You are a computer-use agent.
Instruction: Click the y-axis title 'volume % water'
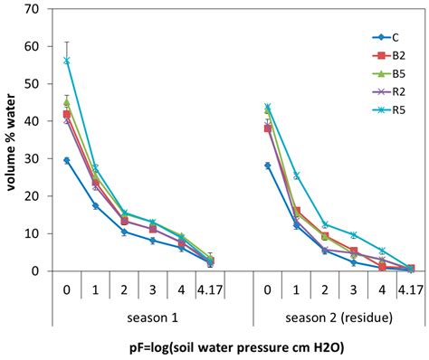[13, 140]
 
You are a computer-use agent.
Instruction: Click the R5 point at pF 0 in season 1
[66, 61]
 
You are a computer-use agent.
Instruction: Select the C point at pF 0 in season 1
[66, 160]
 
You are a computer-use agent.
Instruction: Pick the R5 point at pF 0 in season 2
[268, 107]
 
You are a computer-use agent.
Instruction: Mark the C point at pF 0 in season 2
[268, 166]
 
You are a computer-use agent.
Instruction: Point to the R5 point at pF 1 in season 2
[297, 175]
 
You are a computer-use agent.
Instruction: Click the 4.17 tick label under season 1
[210, 291]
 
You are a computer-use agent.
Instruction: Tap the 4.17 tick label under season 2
[411, 291]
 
